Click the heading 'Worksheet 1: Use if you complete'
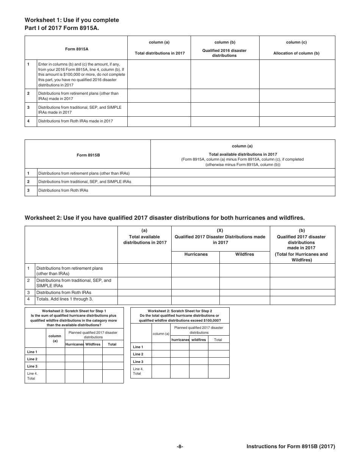(x=72, y=20)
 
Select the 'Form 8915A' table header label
(x=76, y=49)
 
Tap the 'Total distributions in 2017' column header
(x=160, y=53)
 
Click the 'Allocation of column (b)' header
(x=296, y=53)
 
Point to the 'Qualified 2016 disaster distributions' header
(x=224, y=53)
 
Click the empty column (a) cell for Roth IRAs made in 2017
(x=159, y=121)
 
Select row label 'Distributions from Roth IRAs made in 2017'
(x=75, y=121)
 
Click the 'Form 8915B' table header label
(x=88, y=155)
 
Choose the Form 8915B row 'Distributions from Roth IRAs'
(x=63, y=190)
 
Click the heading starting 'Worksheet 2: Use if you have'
(x=164, y=218)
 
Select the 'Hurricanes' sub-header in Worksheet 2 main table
(x=196, y=254)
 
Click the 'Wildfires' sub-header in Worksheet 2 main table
(x=244, y=254)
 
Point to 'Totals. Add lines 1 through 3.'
(x=64, y=299)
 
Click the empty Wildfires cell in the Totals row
(x=244, y=300)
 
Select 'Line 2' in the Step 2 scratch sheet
(x=138, y=354)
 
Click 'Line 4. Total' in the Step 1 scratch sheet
(x=32, y=376)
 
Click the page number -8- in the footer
(x=180, y=447)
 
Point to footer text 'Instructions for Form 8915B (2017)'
(x=291, y=447)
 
